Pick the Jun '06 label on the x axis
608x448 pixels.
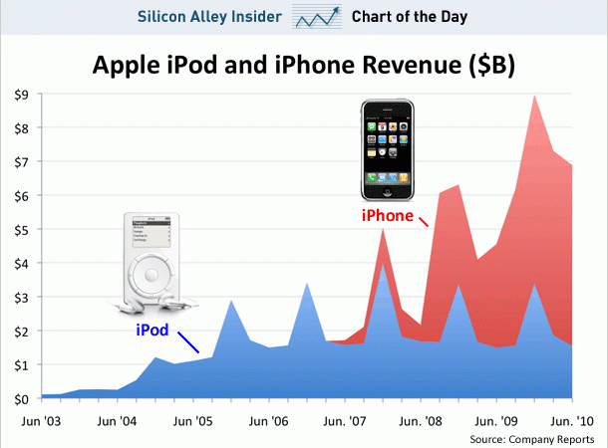point(268,421)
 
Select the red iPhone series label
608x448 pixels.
point(387,215)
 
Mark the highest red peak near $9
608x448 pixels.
point(536,96)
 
